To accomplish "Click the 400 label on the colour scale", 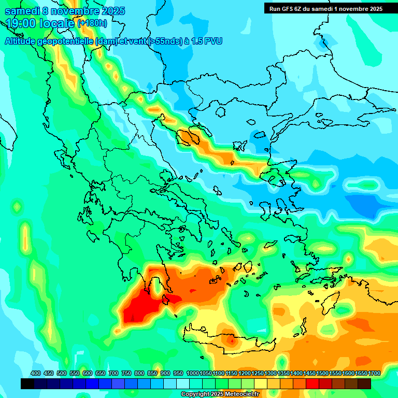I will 36,373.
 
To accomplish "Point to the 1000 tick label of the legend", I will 193,373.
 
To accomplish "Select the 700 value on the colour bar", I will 113,373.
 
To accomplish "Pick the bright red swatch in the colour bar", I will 312,384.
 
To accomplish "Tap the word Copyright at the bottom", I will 195,394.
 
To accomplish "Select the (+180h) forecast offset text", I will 92,23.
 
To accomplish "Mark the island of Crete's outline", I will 228,342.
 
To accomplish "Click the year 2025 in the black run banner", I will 372,9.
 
